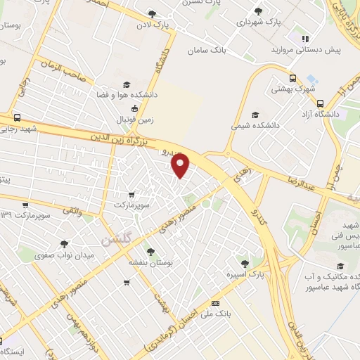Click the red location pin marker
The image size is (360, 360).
click(181, 167)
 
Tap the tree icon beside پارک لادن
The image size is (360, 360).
click(152, 14)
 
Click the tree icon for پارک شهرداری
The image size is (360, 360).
click(259, 11)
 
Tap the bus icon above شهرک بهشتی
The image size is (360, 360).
click(292, 79)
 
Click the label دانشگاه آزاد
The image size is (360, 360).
click(320, 113)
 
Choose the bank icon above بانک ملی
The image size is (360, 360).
click(215, 302)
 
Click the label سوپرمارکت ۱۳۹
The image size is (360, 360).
click(25, 214)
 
